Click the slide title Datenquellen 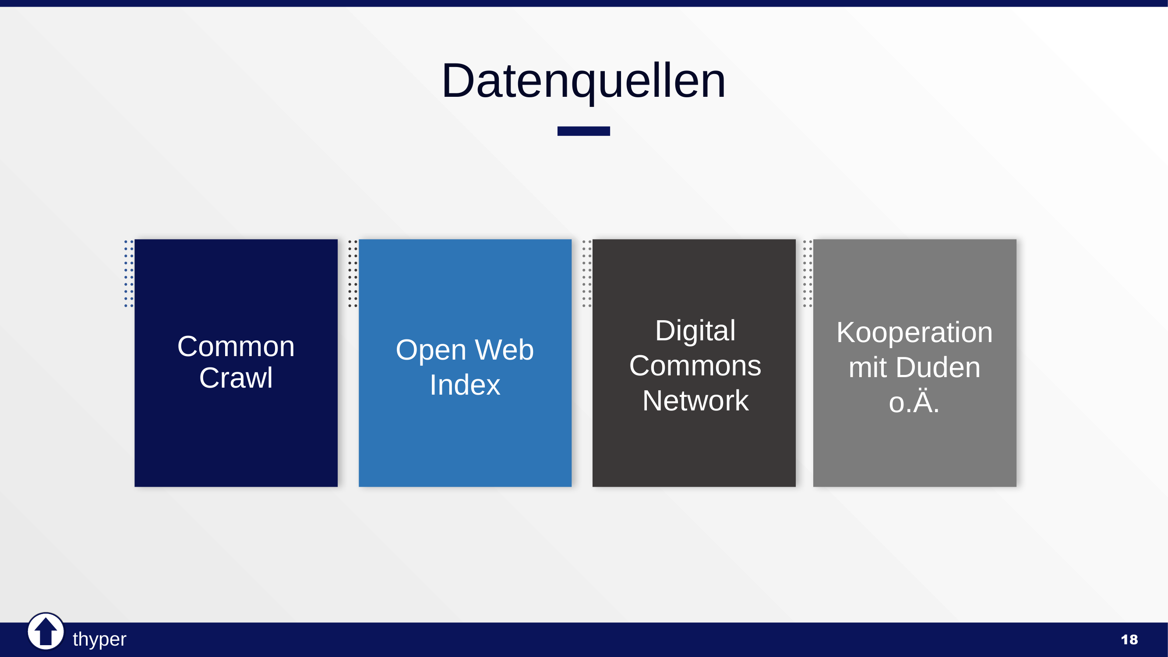[583, 81]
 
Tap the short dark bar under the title [583, 131]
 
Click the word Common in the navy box [236, 347]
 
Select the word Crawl [236, 378]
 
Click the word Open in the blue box [431, 350]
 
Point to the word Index [465, 385]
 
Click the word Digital [695, 331]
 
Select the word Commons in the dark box [695, 365]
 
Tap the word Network [695, 401]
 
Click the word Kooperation [914, 332]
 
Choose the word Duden [938, 367]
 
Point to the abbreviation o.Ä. [914, 402]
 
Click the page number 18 [1129, 640]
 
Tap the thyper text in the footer [99, 639]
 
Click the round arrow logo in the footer [46, 631]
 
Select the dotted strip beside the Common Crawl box [129, 273]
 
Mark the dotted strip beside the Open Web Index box [353, 273]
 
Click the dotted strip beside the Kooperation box [808, 273]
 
